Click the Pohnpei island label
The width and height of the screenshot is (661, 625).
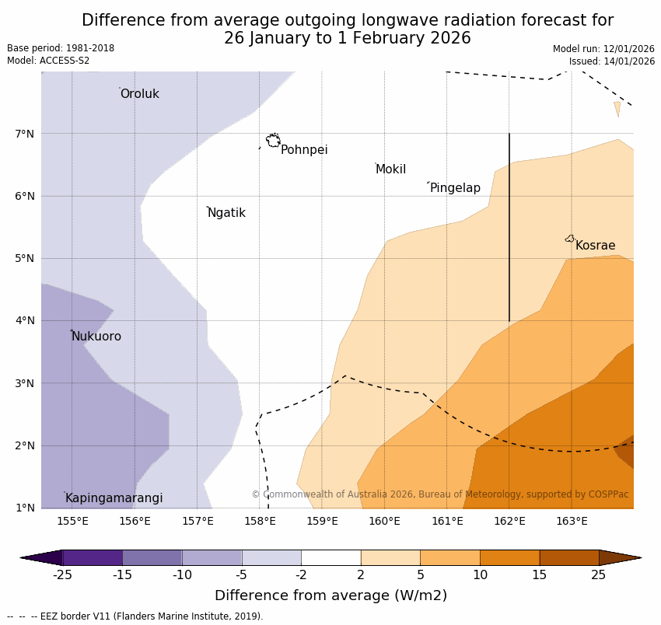point(304,150)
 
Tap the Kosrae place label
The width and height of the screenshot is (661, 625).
point(595,246)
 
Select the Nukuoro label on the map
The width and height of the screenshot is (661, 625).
point(96,337)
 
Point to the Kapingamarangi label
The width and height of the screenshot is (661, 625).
point(114,498)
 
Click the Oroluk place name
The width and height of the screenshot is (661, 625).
point(139,94)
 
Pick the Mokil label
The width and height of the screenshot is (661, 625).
point(390,169)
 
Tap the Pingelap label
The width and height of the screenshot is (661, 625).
point(455,188)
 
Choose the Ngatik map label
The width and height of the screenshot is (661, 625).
point(226,213)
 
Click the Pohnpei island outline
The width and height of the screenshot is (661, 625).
point(273,141)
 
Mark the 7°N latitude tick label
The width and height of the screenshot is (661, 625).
point(25,134)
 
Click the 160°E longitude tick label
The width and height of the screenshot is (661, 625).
point(384,521)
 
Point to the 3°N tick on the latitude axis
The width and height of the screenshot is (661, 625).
point(25,383)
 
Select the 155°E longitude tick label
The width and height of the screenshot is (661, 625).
point(72,521)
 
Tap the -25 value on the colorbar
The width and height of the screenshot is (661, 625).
point(62,575)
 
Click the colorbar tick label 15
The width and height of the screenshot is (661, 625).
point(540,575)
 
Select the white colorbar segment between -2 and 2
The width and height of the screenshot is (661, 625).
point(330,557)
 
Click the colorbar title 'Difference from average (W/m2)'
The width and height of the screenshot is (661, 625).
point(330,595)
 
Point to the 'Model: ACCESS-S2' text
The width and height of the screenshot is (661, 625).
point(48,61)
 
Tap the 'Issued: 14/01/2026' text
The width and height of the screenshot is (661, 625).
point(611,61)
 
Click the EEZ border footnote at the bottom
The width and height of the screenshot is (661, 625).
point(135,616)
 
